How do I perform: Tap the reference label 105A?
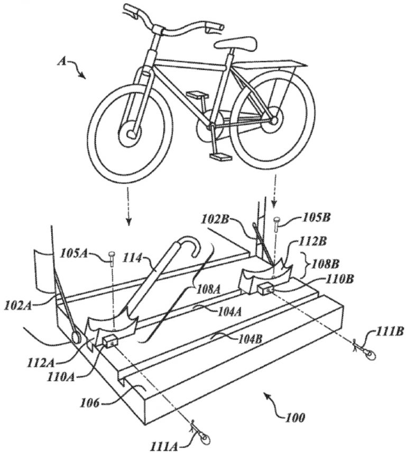73,254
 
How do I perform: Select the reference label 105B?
317,218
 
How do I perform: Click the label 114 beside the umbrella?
133,258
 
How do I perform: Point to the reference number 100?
296,417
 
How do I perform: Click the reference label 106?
89,402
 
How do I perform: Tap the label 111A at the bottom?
163,446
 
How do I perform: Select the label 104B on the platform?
250,339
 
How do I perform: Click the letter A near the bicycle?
62,61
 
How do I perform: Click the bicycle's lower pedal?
220,157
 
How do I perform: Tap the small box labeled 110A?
110,341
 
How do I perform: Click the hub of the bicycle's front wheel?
131,134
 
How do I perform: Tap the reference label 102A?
17,306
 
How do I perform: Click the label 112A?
41,362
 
